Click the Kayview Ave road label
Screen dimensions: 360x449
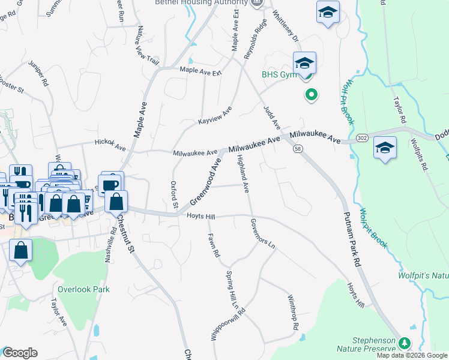(215, 116)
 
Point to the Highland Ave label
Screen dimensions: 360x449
(243, 173)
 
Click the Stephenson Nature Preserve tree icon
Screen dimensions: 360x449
(405, 343)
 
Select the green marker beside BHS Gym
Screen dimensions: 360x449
(311, 94)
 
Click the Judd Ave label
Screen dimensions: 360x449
(272, 116)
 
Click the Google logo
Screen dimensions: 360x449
(20, 353)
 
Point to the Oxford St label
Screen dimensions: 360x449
(174, 195)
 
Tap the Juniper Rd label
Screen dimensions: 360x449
(41, 76)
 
